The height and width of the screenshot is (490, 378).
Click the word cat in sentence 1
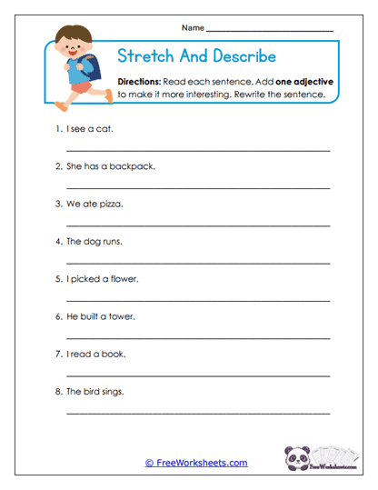point(105,128)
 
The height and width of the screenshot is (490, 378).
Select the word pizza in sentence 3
point(110,204)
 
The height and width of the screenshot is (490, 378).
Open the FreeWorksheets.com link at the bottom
point(195,463)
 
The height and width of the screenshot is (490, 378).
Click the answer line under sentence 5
point(198,298)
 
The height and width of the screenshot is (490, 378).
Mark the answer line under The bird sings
point(198,411)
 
